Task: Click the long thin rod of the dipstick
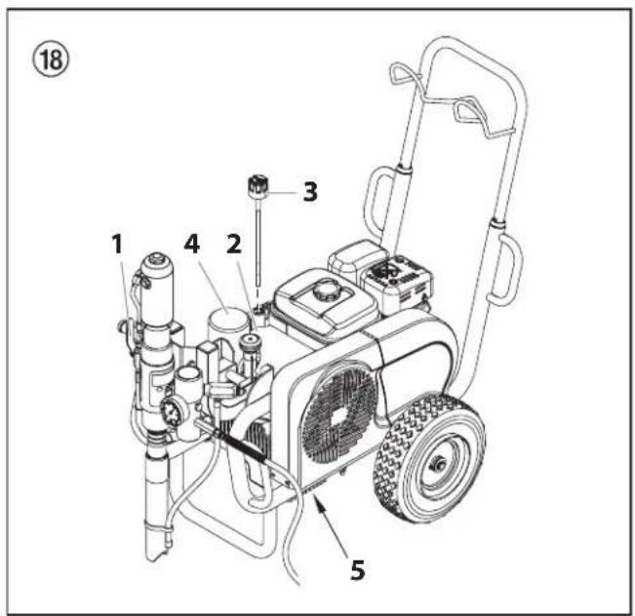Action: (x=259, y=244)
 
